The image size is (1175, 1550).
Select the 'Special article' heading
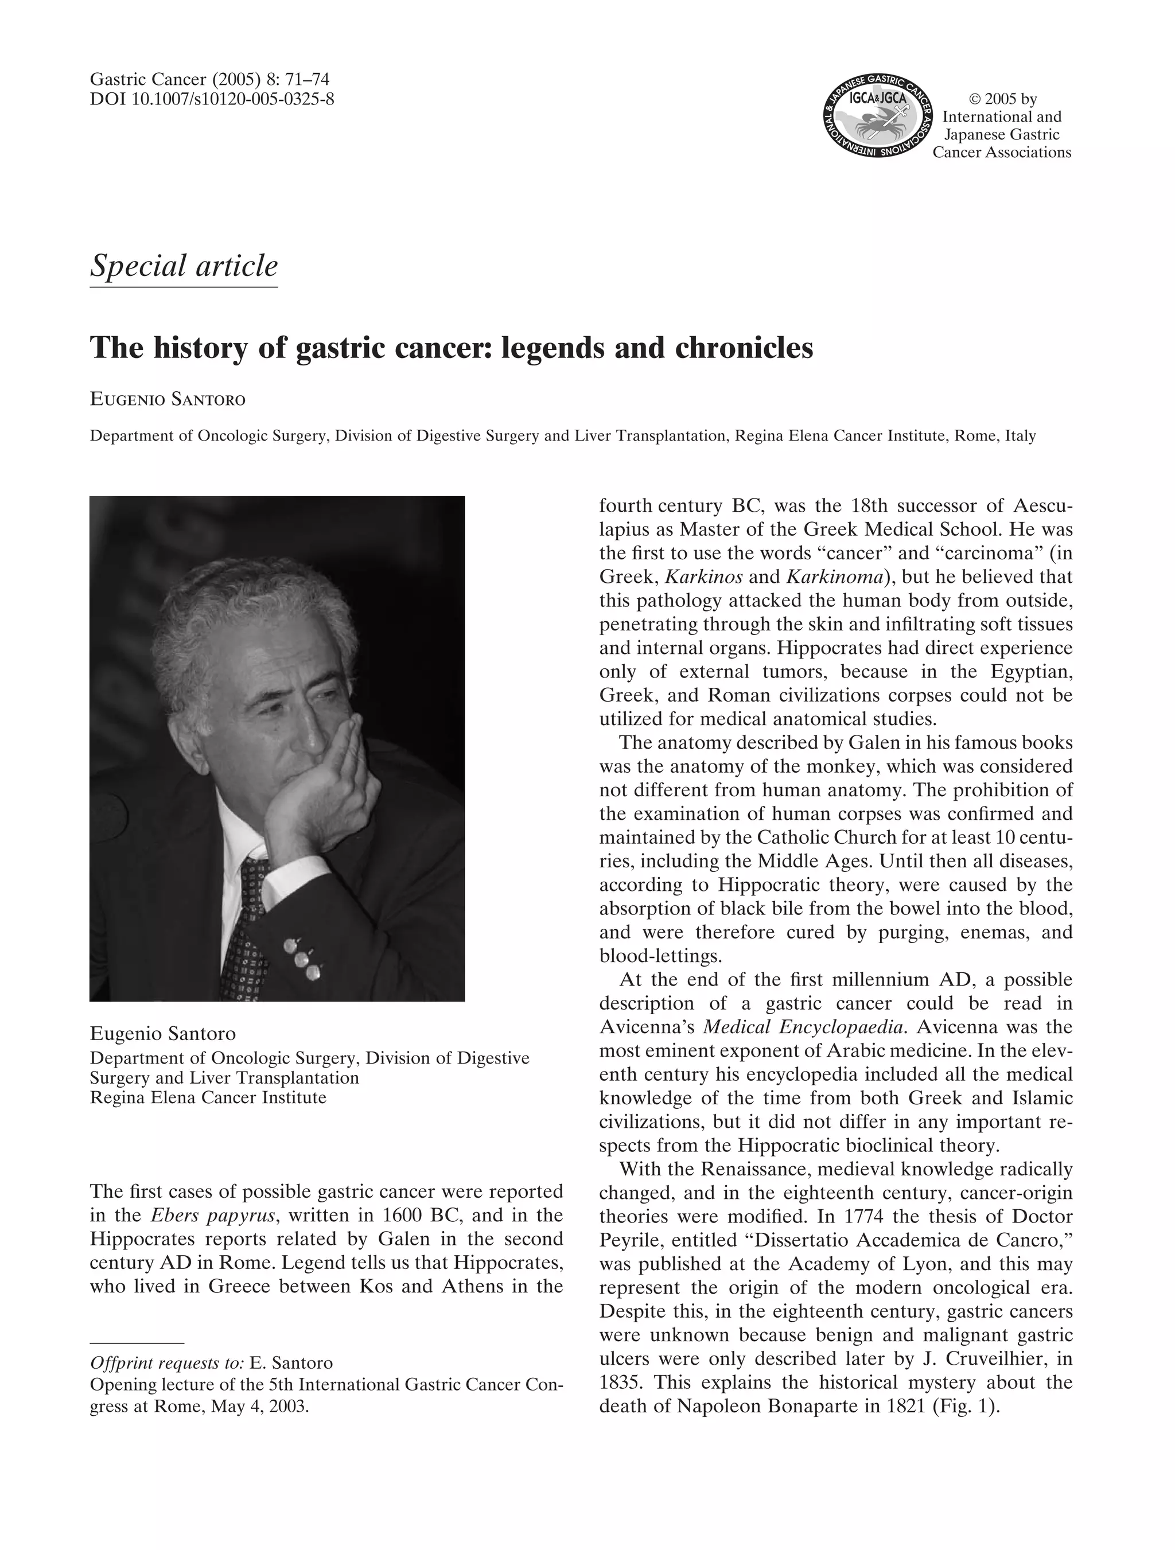click(184, 266)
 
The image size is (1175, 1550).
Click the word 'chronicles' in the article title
click(744, 348)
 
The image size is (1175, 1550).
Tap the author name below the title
click(168, 400)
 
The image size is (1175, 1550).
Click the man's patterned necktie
click(245, 925)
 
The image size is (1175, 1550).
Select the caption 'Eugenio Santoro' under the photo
click(162, 1034)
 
